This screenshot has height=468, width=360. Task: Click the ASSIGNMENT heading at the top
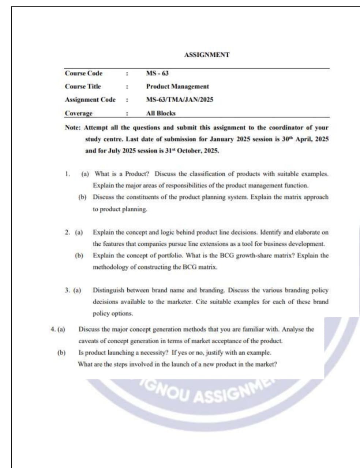click(x=207, y=55)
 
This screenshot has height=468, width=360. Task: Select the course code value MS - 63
click(x=157, y=73)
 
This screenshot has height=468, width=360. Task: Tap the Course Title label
click(x=83, y=87)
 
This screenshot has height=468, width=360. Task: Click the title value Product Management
click(x=177, y=87)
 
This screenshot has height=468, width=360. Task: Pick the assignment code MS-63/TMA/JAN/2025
click(x=180, y=99)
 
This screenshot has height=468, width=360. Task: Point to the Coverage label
click(x=79, y=113)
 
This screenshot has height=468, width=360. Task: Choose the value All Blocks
click(x=161, y=113)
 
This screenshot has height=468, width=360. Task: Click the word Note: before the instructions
click(x=73, y=128)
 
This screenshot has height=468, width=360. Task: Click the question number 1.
click(x=67, y=174)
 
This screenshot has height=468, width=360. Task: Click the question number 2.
click(x=67, y=232)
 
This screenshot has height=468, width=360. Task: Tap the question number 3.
click(x=67, y=291)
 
